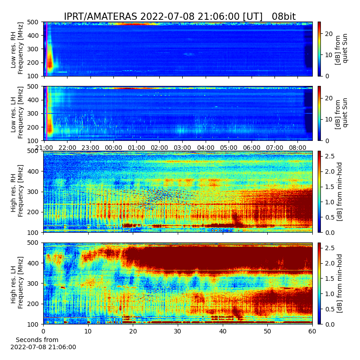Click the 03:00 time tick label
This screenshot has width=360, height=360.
coord(182,148)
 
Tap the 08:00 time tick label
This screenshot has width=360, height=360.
coord(297,148)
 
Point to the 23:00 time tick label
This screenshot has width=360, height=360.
coord(90,148)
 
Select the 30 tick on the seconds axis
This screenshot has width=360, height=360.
coord(178,331)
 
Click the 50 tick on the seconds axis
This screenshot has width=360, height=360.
coord(267,331)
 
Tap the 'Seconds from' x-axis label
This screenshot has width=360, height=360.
coord(37,340)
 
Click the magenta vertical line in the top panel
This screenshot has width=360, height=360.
coord(47,49)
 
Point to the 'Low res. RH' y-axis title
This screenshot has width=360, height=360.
coord(13,52)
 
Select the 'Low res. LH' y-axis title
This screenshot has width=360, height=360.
coord(13,117)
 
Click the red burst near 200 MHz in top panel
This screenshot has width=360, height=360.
coord(50,62)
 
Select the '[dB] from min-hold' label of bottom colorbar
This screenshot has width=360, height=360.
coord(339,283)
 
